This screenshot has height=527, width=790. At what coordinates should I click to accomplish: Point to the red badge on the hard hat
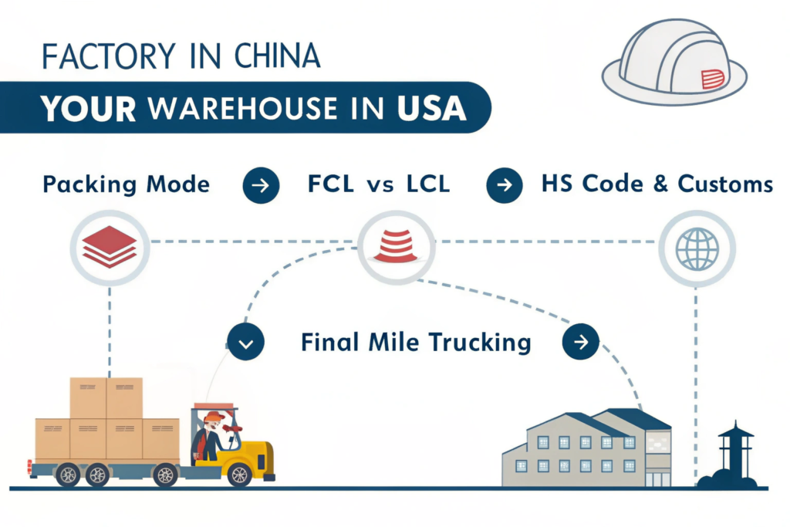(712, 78)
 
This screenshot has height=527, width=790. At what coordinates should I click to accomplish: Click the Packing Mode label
(126, 185)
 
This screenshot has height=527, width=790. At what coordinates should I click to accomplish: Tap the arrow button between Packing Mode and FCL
(261, 186)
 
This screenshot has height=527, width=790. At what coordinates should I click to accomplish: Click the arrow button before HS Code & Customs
(504, 186)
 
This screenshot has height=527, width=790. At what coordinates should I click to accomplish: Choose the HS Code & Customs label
(657, 185)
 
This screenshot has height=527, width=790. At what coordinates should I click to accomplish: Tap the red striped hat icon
(395, 245)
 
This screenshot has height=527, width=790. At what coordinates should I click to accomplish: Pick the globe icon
(697, 248)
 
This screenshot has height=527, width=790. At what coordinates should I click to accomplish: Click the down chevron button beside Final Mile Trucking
(246, 343)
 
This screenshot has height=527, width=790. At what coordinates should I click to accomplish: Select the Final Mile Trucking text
(416, 342)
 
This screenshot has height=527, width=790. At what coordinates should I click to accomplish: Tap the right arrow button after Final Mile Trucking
(581, 342)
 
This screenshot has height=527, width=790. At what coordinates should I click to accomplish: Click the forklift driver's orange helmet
(214, 417)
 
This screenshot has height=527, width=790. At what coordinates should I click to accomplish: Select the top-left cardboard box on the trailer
(88, 397)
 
